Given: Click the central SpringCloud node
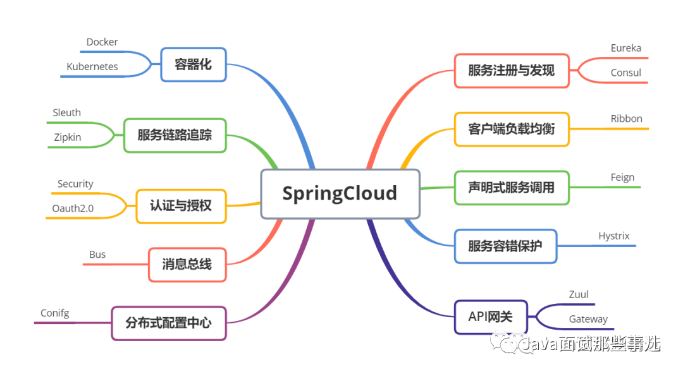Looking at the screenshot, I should point(340,193).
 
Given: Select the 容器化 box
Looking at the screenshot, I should point(194,64).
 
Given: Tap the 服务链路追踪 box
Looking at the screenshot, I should point(175,135).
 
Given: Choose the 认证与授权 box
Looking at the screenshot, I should point(181,205).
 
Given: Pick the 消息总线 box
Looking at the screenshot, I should point(187,264).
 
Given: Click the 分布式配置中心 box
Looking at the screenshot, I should point(168,323).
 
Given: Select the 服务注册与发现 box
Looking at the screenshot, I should point(511,70).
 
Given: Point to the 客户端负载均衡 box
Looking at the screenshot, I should point(511,129).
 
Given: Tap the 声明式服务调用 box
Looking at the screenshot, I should point(511,188).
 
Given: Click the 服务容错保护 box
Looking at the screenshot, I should point(505,246).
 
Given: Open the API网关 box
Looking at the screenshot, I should point(491,317).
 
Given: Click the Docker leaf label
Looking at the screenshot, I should point(102,42).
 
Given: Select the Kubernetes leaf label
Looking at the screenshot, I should point(92,66).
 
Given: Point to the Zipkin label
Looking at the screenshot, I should point(68,136).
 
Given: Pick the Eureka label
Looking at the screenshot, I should point(626,48).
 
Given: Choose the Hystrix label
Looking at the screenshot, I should point(614,236).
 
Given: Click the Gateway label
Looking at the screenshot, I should point(588,319).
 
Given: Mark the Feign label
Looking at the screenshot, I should point(622,178).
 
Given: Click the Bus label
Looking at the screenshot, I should point(97,255).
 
